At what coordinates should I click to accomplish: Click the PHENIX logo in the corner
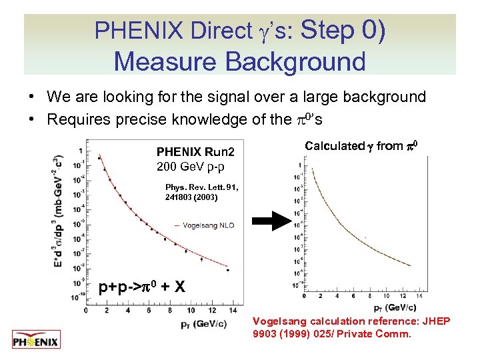36,340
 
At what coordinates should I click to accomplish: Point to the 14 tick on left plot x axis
231,310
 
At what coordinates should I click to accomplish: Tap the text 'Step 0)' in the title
343,30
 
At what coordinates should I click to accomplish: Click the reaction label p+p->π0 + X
141,288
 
